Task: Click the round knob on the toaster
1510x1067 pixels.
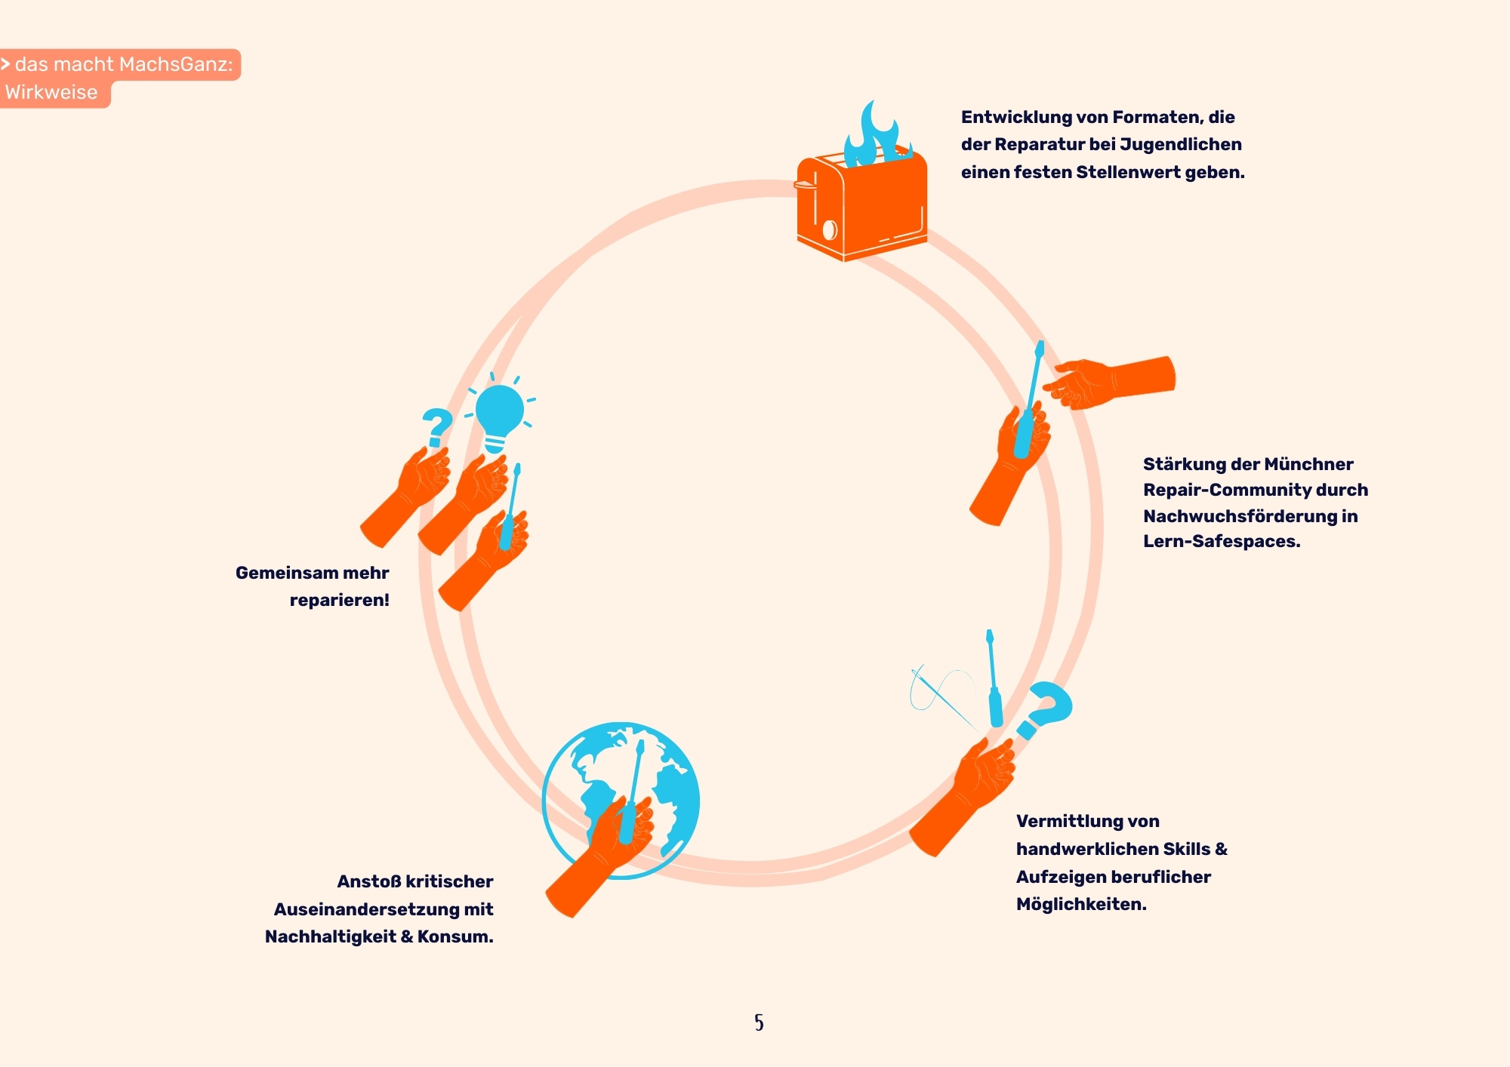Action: click(x=830, y=229)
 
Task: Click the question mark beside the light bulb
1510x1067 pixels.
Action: click(x=437, y=426)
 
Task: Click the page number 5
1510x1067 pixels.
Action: click(x=759, y=1022)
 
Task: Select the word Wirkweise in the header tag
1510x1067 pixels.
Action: click(x=51, y=93)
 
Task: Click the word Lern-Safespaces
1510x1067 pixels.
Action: click(x=1221, y=541)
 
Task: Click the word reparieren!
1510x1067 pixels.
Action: click(x=339, y=600)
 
